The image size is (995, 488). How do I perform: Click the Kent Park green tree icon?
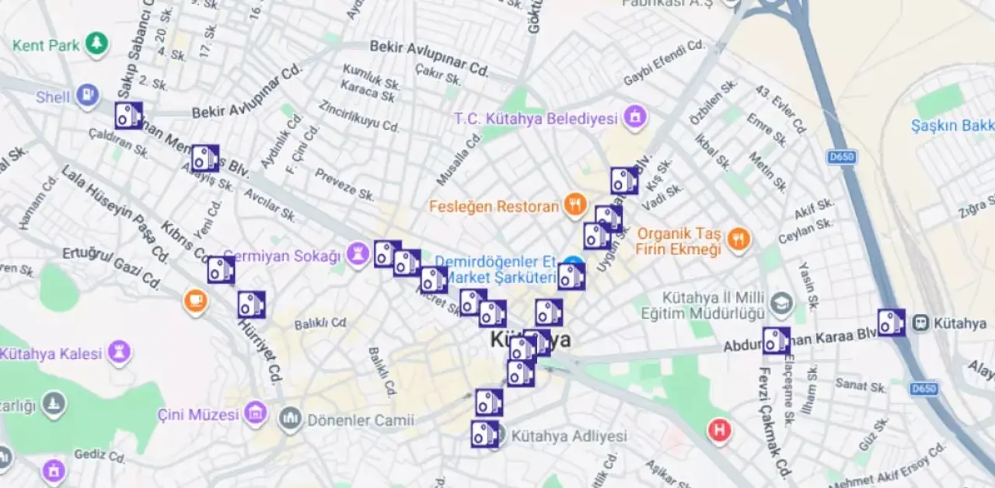[x=96, y=44]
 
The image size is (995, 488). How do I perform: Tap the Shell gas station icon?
[x=86, y=96]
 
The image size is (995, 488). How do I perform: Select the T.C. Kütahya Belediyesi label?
[x=536, y=119]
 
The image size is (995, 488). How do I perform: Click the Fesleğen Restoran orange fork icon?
[x=574, y=206]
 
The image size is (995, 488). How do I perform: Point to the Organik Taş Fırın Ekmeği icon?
[x=738, y=240]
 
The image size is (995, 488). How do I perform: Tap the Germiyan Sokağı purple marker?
[x=358, y=255]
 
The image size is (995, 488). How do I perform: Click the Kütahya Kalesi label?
[x=51, y=354]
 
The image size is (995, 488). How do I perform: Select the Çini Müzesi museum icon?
[x=255, y=414]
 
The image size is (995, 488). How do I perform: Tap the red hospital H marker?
[x=719, y=430]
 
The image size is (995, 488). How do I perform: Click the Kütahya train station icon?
[x=922, y=322]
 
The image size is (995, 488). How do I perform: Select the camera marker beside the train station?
[x=891, y=322]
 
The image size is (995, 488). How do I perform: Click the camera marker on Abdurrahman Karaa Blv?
[x=775, y=340]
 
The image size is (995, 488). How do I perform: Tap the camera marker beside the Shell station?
[x=128, y=116]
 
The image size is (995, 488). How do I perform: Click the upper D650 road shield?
[x=842, y=157]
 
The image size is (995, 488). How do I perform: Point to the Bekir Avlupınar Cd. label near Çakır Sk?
[x=429, y=58]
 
